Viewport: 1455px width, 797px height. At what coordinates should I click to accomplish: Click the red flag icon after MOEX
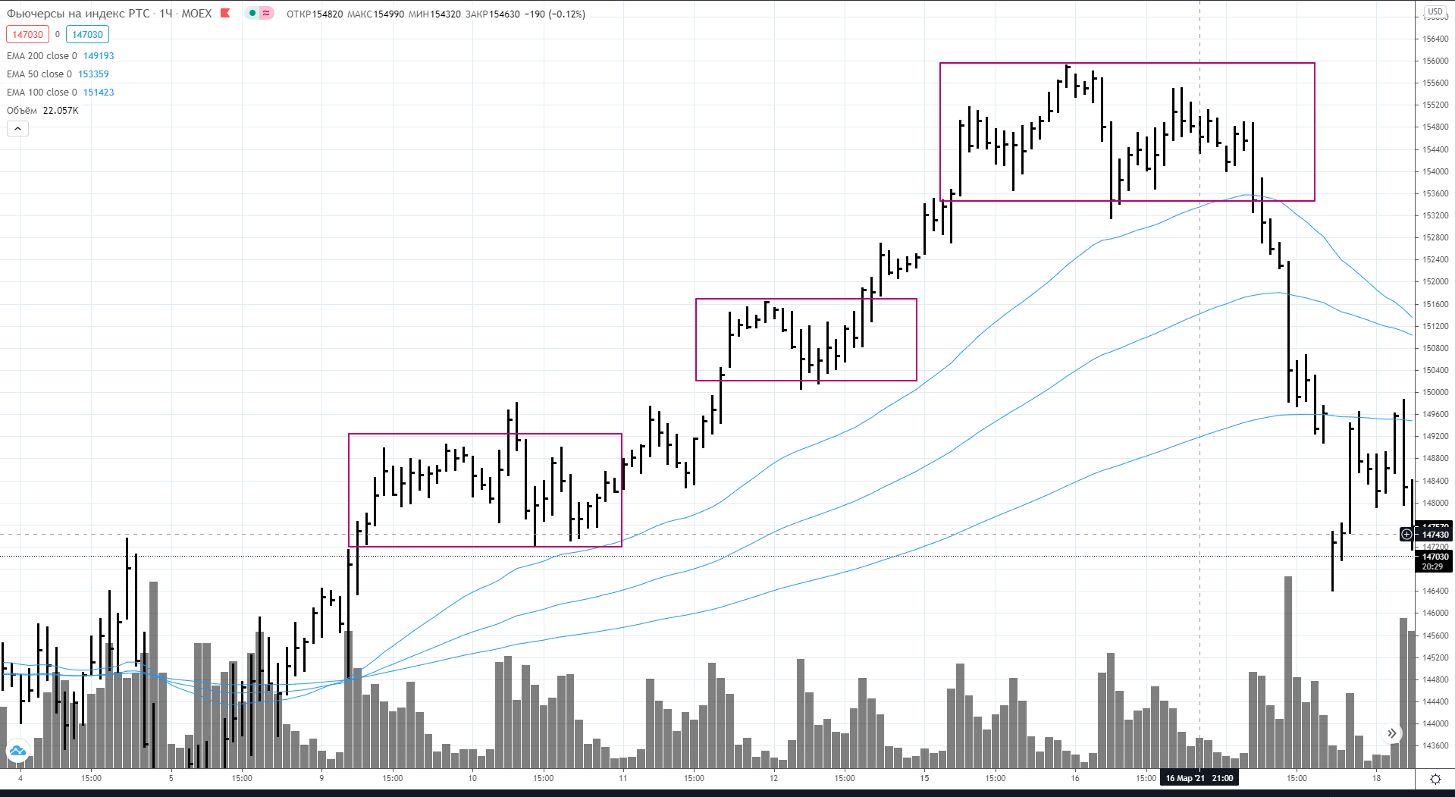[x=225, y=13]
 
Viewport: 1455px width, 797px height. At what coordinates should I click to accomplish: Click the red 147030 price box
[x=27, y=34]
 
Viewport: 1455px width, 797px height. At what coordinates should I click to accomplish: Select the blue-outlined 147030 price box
[x=87, y=34]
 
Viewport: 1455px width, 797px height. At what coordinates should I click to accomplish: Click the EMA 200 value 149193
[x=99, y=56]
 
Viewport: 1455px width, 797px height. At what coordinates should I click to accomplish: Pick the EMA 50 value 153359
[x=93, y=74]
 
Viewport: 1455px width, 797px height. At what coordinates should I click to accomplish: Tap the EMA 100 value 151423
[x=99, y=93]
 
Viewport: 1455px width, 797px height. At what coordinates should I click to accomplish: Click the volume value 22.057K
[x=61, y=111]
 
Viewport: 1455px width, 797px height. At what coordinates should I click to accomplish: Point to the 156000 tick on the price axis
[x=1435, y=61]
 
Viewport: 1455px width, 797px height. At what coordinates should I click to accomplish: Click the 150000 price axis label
[x=1435, y=392]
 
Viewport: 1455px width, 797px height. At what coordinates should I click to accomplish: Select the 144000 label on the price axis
[x=1435, y=723]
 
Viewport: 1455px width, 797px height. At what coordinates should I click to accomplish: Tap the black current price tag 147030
[x=1435, y=557]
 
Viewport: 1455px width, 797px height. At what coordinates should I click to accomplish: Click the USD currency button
[x=1435, y=11]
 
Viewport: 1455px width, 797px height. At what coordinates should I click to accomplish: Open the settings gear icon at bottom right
[x=1435, y=779]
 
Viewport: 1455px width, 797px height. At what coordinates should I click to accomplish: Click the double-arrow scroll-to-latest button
[x=1391, y=733]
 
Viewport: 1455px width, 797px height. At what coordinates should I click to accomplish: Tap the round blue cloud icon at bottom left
[x=17, y=751]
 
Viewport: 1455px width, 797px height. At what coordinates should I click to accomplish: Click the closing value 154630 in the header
[x=504, y=14]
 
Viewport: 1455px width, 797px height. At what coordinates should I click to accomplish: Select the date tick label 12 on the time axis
[x=773, y=778]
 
